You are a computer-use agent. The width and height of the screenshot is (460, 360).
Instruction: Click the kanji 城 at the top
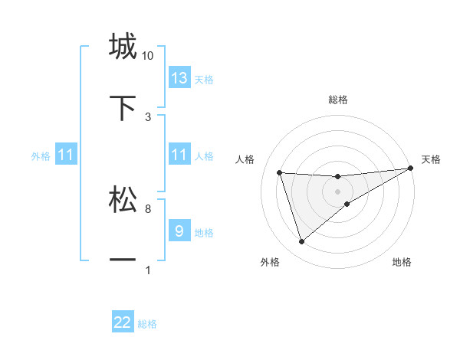123,47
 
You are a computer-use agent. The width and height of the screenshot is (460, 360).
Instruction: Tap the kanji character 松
123,199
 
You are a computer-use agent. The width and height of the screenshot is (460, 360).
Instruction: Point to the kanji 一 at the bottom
123,260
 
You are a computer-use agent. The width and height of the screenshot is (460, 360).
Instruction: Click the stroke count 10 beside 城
148,56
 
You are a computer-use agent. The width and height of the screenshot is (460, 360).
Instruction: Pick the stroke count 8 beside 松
148,208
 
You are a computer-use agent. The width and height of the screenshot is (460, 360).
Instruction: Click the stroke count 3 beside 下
148,116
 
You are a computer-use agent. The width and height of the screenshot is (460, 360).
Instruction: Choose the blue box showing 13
179,77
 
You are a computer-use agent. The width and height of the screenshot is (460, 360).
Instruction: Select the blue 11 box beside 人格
179,155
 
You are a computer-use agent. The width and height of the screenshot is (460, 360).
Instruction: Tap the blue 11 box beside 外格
66,155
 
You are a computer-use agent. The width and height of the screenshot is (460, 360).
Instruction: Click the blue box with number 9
179,231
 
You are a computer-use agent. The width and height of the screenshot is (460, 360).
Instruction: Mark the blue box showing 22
123,322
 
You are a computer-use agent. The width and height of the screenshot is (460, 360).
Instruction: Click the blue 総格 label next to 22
147,324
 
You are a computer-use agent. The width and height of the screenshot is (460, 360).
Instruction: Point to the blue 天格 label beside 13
204,79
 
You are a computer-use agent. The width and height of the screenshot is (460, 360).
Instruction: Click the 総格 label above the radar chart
338,100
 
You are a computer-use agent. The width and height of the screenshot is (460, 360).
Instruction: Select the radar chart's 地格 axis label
402,262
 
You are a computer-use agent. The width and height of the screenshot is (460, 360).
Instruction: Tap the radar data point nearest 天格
411,169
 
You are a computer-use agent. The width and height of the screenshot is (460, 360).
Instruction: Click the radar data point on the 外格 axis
301,242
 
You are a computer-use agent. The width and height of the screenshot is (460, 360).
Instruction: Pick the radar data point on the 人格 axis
280,172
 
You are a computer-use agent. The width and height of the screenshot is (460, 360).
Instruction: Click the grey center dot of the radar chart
338,191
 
